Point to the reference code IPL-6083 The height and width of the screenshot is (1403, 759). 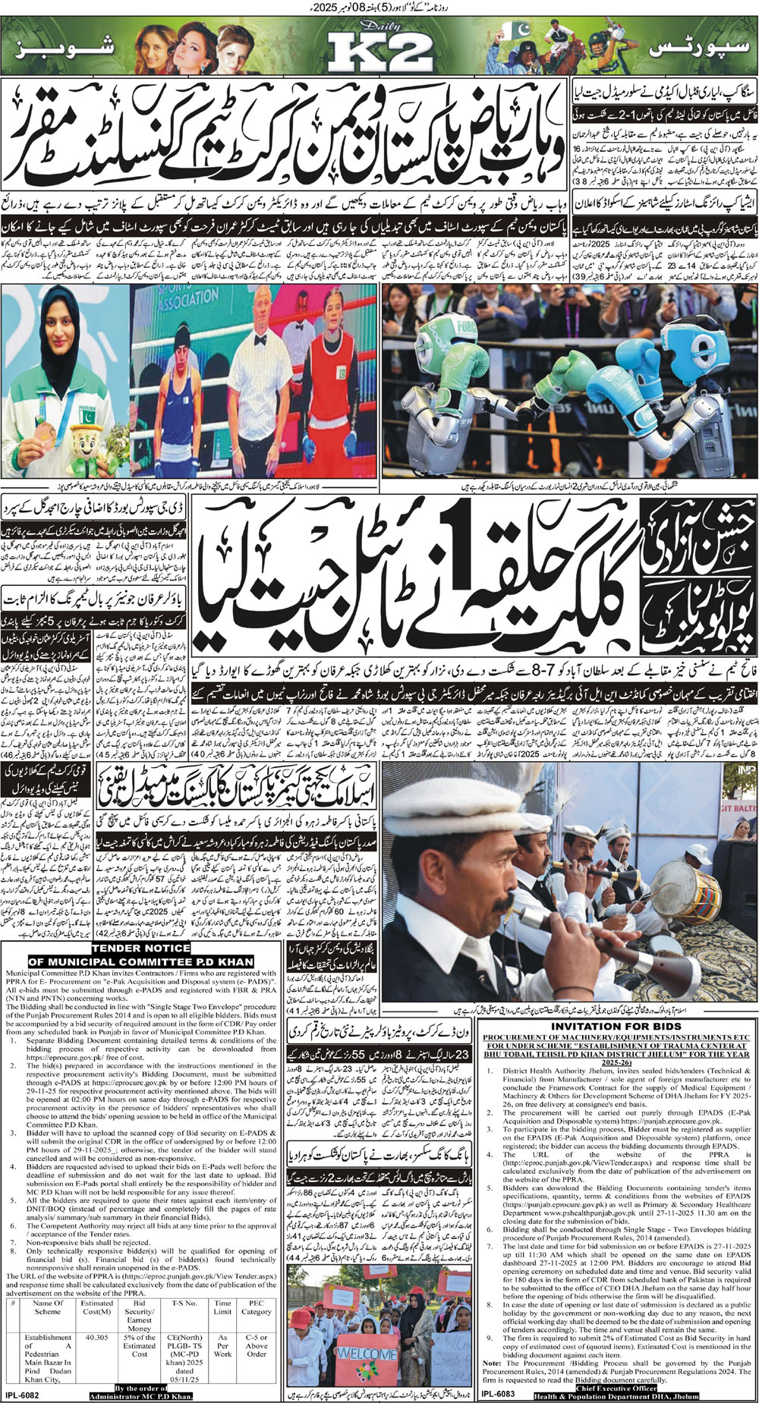[498, 1393]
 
